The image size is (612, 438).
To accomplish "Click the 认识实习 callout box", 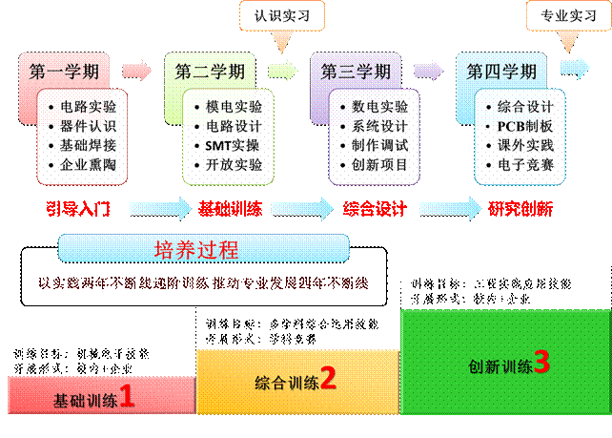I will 282,15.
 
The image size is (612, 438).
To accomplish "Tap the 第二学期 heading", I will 210,71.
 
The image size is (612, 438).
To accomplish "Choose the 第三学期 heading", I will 356,71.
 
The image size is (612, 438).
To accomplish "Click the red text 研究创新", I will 521,208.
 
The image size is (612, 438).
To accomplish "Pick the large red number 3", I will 541,362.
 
